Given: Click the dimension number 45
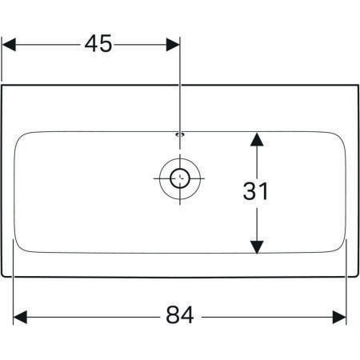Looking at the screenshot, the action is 98,43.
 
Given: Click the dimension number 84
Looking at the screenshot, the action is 180,315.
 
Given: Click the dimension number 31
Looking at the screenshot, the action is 255,191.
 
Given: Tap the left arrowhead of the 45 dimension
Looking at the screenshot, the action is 9,45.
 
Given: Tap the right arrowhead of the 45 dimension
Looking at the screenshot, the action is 173,45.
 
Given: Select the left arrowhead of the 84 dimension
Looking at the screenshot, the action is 20,317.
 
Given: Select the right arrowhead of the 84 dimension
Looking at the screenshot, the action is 339,317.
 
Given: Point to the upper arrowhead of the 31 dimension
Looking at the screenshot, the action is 257,139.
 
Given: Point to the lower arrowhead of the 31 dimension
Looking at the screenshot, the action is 257,246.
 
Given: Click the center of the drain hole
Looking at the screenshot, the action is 180,178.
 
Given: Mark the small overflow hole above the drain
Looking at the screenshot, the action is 180,134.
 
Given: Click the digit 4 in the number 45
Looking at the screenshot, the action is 91,43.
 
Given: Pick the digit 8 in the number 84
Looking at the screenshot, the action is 173,315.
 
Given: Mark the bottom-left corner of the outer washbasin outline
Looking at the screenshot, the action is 2,276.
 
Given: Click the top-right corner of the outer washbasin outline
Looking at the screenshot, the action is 358,86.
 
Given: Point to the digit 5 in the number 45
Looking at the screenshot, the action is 106,43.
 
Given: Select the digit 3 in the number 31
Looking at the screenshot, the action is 249,191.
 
